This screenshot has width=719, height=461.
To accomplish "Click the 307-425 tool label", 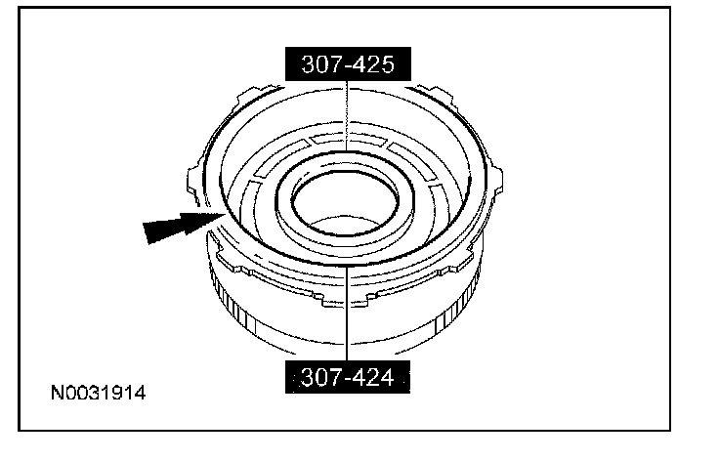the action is pyautogui.click(x=348, y=63).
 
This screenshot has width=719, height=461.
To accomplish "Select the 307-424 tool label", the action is pyautogui.click(x=348, y=377).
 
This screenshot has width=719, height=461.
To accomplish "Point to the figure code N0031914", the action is pyautogui.click(x=98, y=394).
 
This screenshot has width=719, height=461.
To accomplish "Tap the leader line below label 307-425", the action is pyautogui.click(x=347, y=116).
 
